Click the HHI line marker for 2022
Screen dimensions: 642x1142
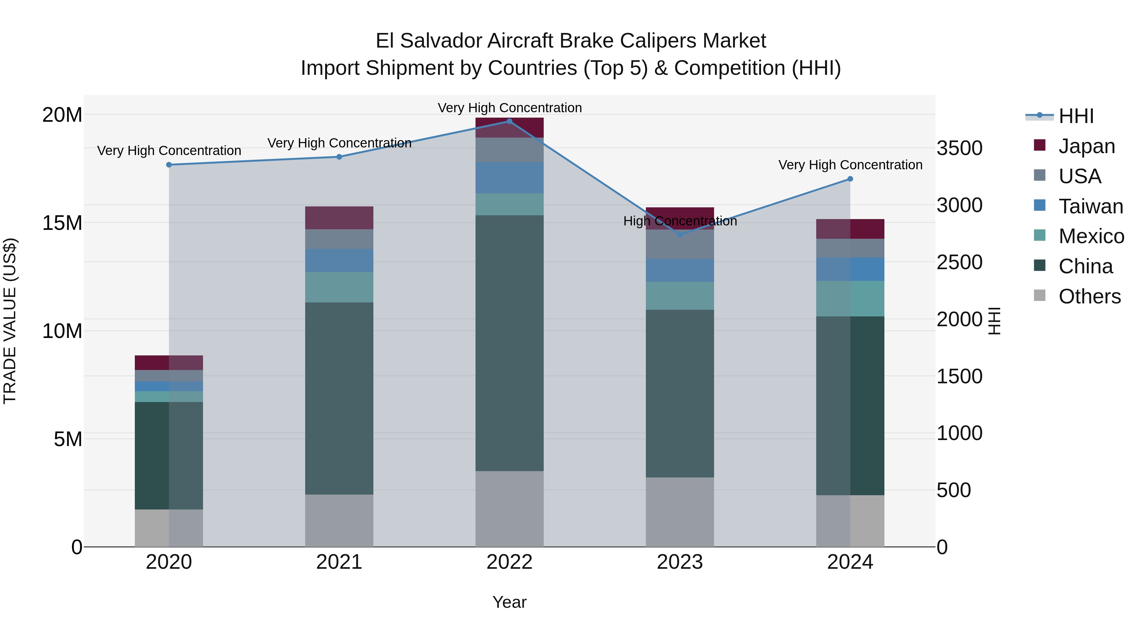[509, 121]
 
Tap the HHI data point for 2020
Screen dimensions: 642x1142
[169, 165]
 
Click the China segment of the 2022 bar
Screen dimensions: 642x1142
[509, 343]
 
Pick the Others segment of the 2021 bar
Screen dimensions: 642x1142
[339, 521]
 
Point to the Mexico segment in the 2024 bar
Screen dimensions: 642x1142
[850, 299]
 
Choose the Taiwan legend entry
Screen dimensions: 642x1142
[1091, 206]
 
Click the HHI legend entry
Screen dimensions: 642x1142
[1076, 116]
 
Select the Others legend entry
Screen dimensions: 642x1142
[1089, 296]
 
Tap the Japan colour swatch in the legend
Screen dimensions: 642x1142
[1040, 145]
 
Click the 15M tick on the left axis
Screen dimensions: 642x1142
[62, 223]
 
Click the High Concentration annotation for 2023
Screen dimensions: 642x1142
[680, 221]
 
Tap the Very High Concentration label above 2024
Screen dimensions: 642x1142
[850, 165]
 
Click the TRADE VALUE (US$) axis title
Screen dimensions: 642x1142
[10, 321]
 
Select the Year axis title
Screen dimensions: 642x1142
[509, 602]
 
